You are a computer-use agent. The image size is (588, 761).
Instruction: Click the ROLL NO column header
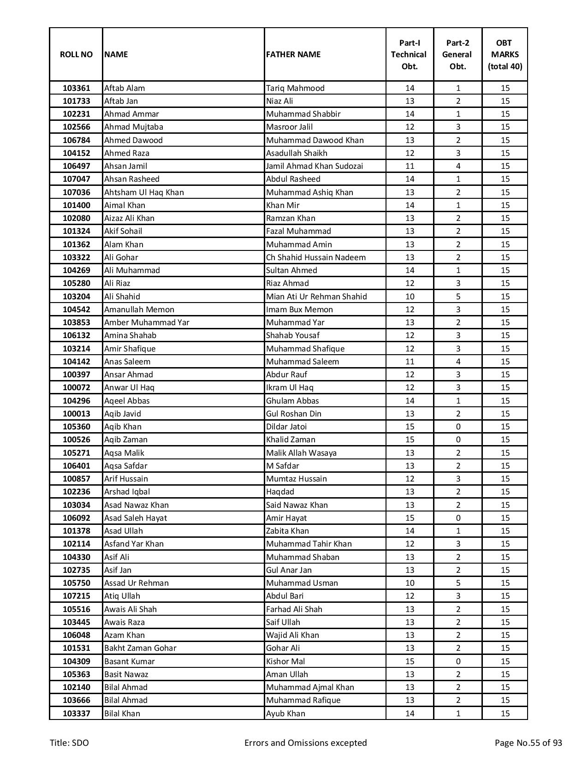coord(76,54)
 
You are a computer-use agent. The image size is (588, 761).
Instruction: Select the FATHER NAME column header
coord(293,54)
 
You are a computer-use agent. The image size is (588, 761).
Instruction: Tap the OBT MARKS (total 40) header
coord(505,54)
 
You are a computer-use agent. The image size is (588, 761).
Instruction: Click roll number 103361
coord(76,88)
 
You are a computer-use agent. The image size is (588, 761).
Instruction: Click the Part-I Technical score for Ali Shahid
coord(410,297)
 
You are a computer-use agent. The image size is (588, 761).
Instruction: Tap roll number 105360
coord(76,427)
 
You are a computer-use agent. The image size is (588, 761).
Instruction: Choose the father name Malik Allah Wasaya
coord(301,453)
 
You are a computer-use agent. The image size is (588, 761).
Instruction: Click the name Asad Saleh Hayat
coord(136,518)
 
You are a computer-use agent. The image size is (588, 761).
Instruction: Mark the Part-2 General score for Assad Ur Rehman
coord(458,583)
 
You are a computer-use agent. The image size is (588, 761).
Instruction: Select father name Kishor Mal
coord(285,661)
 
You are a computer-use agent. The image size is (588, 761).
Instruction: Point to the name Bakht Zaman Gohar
coord(140,648)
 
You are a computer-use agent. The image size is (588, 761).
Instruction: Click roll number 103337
coord(76,713)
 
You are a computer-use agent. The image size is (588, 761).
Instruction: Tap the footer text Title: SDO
coord(69,743)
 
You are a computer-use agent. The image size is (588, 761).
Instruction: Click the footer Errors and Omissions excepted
coord(305,743)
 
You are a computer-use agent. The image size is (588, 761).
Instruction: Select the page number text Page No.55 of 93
coord(528,743)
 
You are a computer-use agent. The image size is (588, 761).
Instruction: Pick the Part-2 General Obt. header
coord(458,54)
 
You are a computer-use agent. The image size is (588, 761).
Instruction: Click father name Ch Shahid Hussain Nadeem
coord(315,257)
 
